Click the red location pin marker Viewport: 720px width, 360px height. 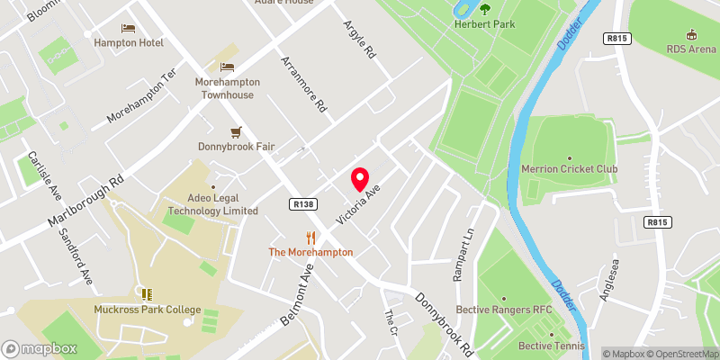(360, 179)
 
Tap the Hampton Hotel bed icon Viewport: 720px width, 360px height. (128, 29)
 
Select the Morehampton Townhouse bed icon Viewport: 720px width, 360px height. (228, 67)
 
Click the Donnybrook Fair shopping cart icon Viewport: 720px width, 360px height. (237, 131)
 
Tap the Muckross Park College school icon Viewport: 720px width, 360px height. (147, 294)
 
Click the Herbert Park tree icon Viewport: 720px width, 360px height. (485, 10)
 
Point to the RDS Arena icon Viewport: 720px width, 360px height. (690, 33)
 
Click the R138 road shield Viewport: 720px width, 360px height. (303, 205)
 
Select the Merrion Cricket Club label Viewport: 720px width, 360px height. (570, 168)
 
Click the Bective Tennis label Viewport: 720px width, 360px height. (552, 346)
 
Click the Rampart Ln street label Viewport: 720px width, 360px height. (464, 256)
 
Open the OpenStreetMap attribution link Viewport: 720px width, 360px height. (682, 354)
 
